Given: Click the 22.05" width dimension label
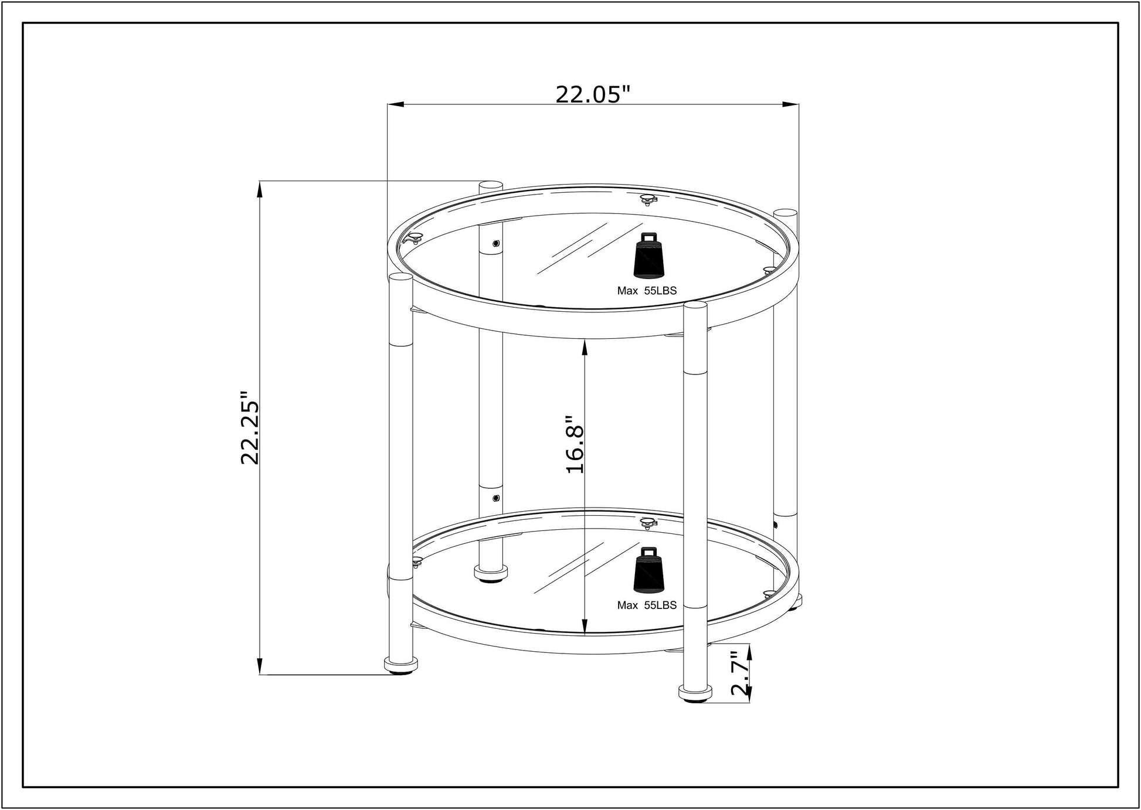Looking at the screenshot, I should pos(592,94).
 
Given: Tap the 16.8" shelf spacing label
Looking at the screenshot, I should pos(575,445).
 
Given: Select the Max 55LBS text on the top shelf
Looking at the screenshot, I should pos(646,291).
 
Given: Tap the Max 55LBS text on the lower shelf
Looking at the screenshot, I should pos(646,605).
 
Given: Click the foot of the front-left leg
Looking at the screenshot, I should pos(401,665).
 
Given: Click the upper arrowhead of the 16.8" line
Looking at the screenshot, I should pos(585,348).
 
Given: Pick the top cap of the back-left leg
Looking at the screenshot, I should pos(491,185).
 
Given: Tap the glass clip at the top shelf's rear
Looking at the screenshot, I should pos(648,200).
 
